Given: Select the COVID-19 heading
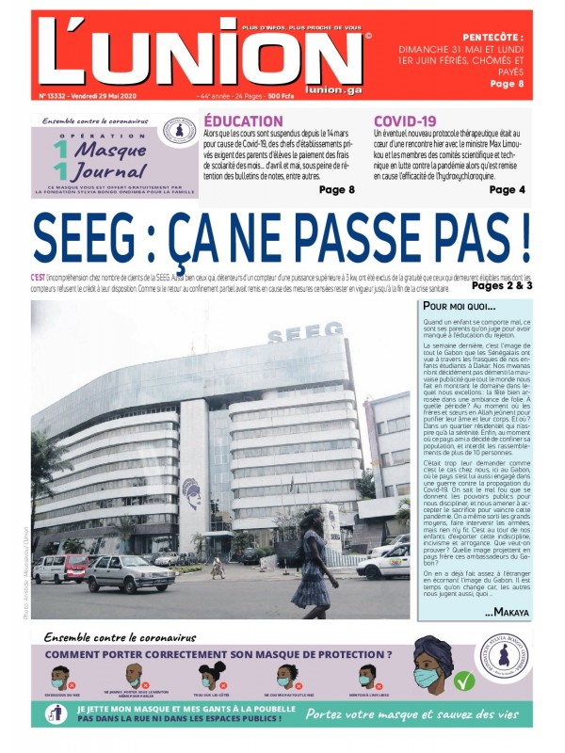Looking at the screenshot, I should (405, 121).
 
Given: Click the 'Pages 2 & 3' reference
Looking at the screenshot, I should (502, 285).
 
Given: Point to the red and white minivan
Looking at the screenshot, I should (60, 567).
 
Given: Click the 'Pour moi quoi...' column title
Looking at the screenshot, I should (459, 307).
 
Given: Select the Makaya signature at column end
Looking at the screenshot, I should (508, 613).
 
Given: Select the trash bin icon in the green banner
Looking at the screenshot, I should (56, 713).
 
